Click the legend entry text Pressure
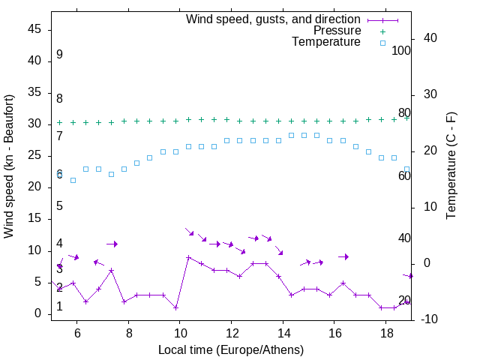337,31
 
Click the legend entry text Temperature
326,42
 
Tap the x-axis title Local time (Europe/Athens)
231,349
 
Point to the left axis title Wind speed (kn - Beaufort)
9,166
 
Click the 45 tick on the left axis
34,29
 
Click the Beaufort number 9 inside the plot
59,55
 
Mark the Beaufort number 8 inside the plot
59,98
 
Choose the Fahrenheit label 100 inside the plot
401,50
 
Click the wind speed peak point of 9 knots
188,257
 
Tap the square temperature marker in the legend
382,43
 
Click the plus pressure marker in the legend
382,31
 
